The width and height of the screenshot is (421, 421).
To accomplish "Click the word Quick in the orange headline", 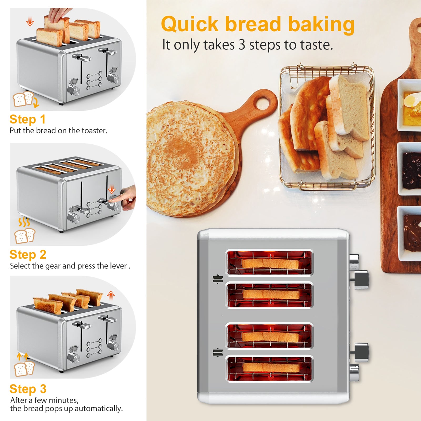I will (x=190, y=24).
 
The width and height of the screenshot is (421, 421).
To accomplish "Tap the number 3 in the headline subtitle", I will (x=242, y=45).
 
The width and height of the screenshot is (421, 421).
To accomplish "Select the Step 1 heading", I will (x=28, y=119).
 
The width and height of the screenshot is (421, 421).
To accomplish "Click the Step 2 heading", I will (x=28, y=255).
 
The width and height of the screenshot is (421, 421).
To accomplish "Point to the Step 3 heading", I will (x=28, y=389).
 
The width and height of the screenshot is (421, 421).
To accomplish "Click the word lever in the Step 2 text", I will (x=118, y=266).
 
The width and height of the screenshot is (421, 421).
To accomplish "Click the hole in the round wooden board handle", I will (x=262, y=103).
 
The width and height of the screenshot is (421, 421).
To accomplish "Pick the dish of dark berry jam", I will (x=411, y=170).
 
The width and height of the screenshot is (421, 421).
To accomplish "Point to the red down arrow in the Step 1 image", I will (x=30, y=22).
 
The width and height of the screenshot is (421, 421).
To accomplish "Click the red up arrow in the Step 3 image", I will (x=111, y=295).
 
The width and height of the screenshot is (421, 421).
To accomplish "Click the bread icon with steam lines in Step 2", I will (x=25, y=231).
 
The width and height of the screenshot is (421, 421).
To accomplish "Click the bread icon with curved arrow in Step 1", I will (x=25, y=100).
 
